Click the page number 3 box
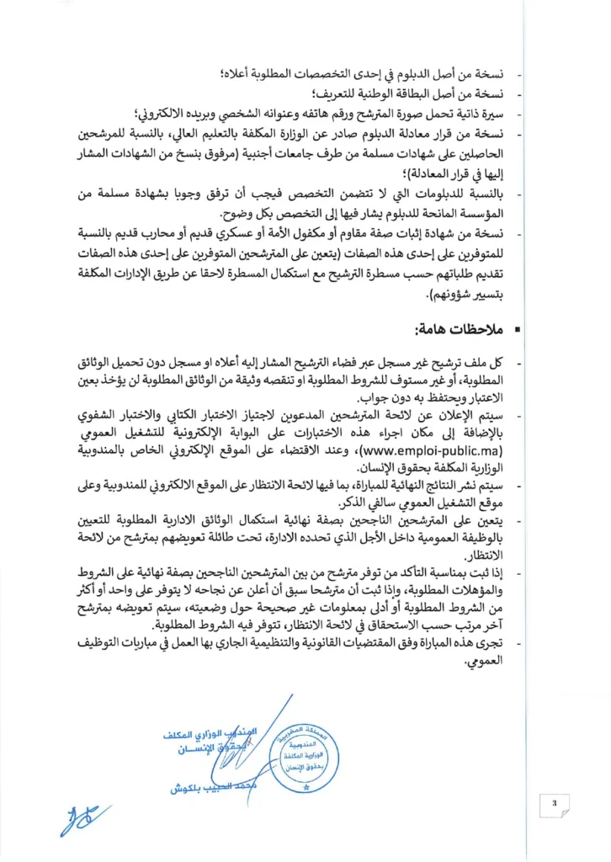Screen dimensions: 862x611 pyautogui.click(x=555, y=802)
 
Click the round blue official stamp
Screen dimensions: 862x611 pyautogui.click(x=305, y=758)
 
